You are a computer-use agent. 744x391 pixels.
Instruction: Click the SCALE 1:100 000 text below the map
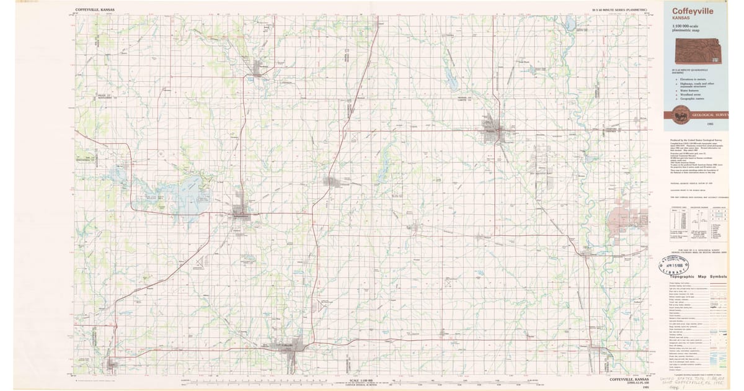pyautogui.click(x=363, y=380)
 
